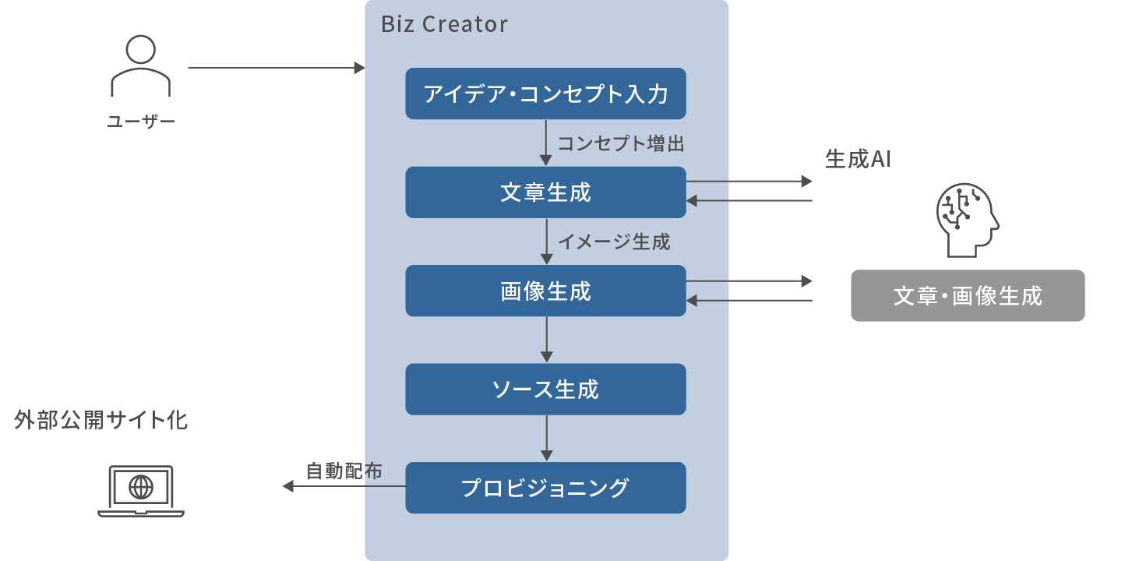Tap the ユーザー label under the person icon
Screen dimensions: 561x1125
pyautogui.click(x=140, y=122)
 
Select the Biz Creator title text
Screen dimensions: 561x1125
pyautogui.click(x=444, y=25)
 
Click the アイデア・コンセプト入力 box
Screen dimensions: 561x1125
pyautogui.click(x=545, y=93)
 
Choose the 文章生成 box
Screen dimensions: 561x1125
pyautogui.click(x=545, y=192)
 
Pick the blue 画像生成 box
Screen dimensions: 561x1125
pyautogui.click(x=545, y=291)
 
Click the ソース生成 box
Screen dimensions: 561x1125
pyautogui.click(x=545, y=389)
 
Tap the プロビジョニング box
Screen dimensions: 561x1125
pyautogui.click(x=545, y=488)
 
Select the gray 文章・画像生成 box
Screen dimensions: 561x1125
pyautogui.click(x=968, y=296)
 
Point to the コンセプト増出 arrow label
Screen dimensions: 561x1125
pyautogui.click(x=620, y=143)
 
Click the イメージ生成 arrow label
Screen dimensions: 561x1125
pyautogui.click(x=614, y=242)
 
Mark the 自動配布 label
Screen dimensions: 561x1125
pyautogui.click(x=344, y=471)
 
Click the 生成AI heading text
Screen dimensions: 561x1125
pyautogui.click(x=857, y=159)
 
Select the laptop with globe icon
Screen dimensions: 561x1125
pyautogui.click(x=141, y=491)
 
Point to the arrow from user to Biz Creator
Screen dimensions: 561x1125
pyautogui.click(x=276, y=68)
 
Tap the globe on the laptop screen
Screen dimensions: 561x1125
pyautogui.click(x=141, y=487)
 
